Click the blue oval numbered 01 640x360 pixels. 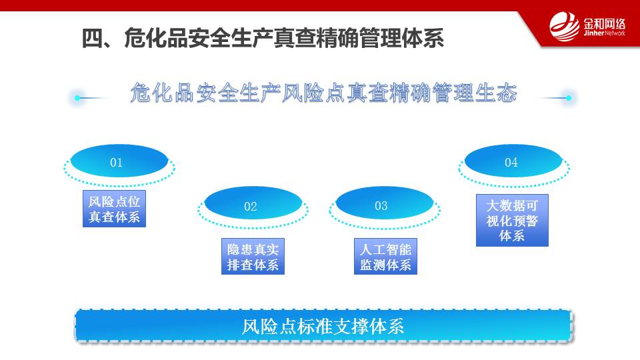(119, 161)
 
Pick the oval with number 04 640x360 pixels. (513, 161)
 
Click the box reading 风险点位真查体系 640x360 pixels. (114, 209)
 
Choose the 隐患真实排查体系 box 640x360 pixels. (253, 256)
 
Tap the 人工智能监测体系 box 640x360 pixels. (385, 256)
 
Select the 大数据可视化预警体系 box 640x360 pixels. (512, 221)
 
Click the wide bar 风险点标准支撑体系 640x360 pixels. (324, 325)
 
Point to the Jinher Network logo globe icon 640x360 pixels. (564, 27)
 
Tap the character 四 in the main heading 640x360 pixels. (92, 39)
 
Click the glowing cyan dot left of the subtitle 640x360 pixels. (77, 98)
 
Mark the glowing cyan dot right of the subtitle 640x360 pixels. (569, 98)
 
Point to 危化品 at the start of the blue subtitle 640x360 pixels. (163, 92)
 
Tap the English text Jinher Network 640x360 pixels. (604, 33)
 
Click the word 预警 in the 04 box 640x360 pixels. (525, 221)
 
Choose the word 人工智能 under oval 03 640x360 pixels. (385, 249)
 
